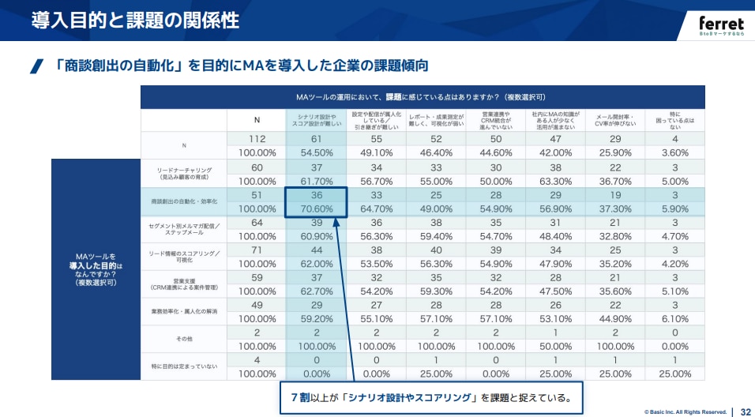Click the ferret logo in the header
tap(720, 24)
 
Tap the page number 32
tap(745, 411)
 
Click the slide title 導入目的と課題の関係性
tap(135, 21)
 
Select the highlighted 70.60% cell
tap(315, 209)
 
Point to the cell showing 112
tap(256, 139)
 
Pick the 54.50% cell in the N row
tap(315, 152)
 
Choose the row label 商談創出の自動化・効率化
tap(184, 202)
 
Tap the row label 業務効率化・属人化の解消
tap(184, 312)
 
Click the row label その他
tap(184, 340)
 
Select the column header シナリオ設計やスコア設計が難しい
tap(315, 120)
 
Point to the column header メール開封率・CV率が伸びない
tap(615, 120)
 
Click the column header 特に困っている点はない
tap(674, 120)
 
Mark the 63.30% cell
tap(555, 181)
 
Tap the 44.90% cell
tap(615, 319)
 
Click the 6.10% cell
tap(674, 319)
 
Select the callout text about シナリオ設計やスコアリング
tap(430, 397)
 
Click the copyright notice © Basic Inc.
tap(685, 411)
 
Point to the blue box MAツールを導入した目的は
tap(96, 269)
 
